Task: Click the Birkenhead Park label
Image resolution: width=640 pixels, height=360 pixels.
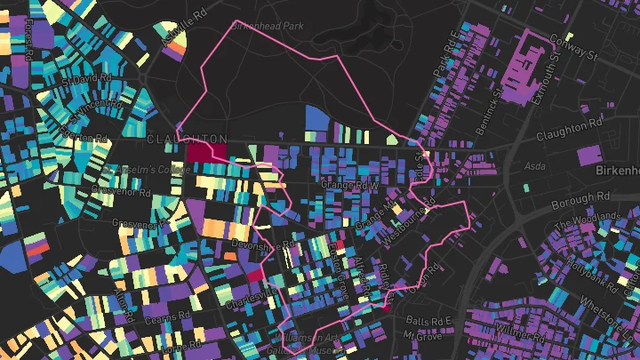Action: click(267, 27)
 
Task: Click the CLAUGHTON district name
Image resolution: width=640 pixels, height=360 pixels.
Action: click(186, 140)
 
